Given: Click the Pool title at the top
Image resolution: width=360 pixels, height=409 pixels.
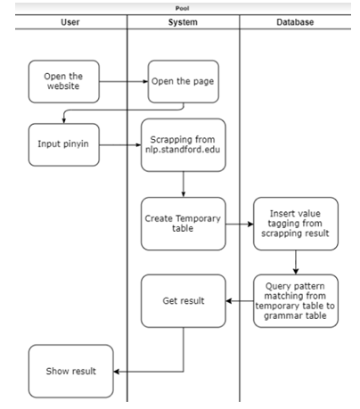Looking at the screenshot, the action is pos(182,8).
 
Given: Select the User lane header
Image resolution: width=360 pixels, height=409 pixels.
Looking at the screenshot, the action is pos(70,22).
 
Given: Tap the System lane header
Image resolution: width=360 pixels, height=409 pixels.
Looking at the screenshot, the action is pos(183,22).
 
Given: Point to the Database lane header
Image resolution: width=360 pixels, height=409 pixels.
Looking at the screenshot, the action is pos(295,22).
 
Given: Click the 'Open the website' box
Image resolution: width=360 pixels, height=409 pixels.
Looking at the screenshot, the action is pos(64,81).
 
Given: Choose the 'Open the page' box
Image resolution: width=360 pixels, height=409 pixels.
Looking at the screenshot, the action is pos(184,81).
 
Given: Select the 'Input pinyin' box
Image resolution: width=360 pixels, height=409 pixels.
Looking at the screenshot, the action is pos(64,144).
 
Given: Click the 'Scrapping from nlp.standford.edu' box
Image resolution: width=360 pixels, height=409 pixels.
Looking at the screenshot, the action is pos(184,145).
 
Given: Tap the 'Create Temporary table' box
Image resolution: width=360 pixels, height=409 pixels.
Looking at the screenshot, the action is pos(184,224).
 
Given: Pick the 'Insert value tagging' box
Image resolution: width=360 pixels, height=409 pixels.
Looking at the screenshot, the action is pos(296,224).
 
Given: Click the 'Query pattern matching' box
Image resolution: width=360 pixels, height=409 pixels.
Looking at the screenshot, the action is pos(296,301).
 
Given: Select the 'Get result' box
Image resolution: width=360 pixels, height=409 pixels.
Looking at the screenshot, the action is pos(184,301).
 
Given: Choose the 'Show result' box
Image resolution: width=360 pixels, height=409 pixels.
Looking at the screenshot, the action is pos(71,372).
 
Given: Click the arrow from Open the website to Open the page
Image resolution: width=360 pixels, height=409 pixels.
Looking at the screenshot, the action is pos(124,81).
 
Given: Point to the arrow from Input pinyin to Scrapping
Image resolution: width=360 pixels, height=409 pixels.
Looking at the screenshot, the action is pos(120,145).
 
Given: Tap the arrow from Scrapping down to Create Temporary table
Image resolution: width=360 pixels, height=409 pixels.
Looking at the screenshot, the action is pos(184,184).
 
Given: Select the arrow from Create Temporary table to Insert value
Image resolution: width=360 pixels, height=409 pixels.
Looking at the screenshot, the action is pos(240,224).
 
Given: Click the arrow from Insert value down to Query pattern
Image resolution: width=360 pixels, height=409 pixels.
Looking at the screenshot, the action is pos(296,262).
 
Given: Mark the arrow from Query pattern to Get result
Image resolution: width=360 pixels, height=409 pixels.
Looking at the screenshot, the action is pos(240,301).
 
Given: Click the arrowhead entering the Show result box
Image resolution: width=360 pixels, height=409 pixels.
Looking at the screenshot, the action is pos(116,372).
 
